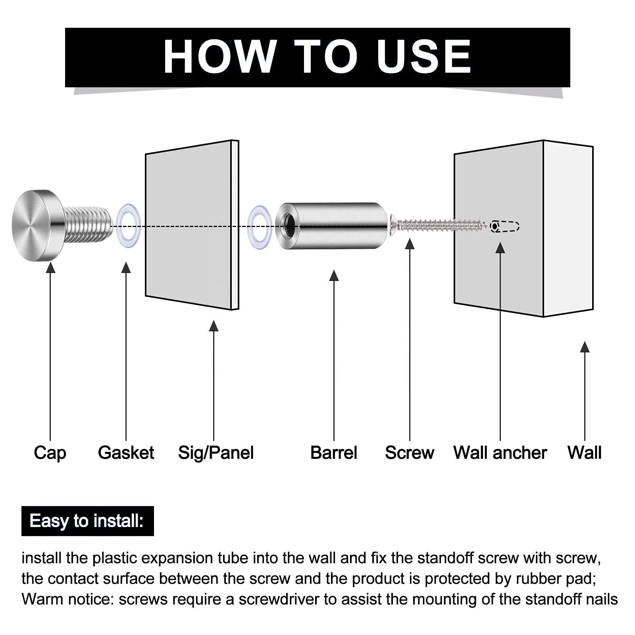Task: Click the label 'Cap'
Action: pyautogui.click(x=50, y=453)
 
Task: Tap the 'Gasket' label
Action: pyautogui.click(x=126, y=452)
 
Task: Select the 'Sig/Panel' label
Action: pyautogui.click(x=216, y=453)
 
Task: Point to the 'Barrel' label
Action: pyautogui.click(x=334, y=452)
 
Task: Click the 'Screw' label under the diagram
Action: pyautogui.click(x=410, y=452)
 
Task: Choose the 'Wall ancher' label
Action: pyautogui.click(x=500, y=452)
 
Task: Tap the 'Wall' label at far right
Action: pyautogui.click(x=585, y=452)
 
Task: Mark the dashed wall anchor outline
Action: pyautogui.click(x=505, y=226)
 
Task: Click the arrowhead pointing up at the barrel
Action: pyautogui.click(x=334, y=275)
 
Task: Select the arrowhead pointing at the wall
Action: pyautogui.click(x=585, y=347)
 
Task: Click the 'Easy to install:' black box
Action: pyautogui.click(x=88, y=521)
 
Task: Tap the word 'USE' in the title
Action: pyautogui.click(x=424, y=56)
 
